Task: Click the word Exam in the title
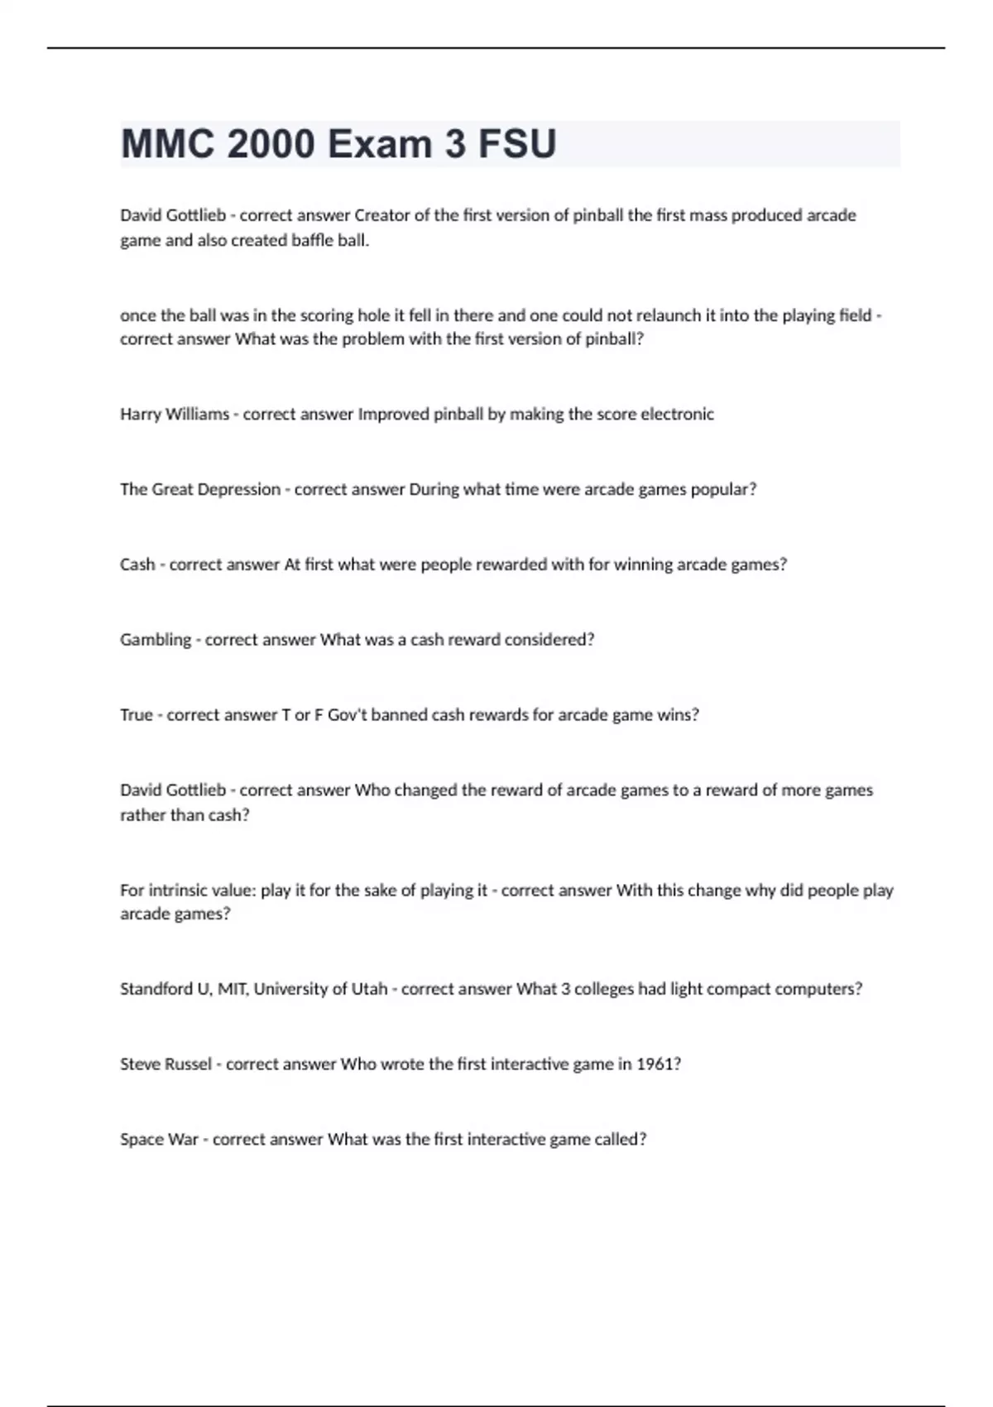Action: (x=380, y=144)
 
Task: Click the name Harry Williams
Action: (x=175, y=414)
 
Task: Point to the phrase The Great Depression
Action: (x=200, y=489)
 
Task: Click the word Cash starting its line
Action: (x=137, y=564)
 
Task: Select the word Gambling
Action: (x=156, y=640)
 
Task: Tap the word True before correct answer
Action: (x=136, y=715)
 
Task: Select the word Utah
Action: (x=369, y=989)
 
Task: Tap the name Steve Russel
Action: (x=165, y=1064)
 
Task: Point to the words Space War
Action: (x=159, y=1140)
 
